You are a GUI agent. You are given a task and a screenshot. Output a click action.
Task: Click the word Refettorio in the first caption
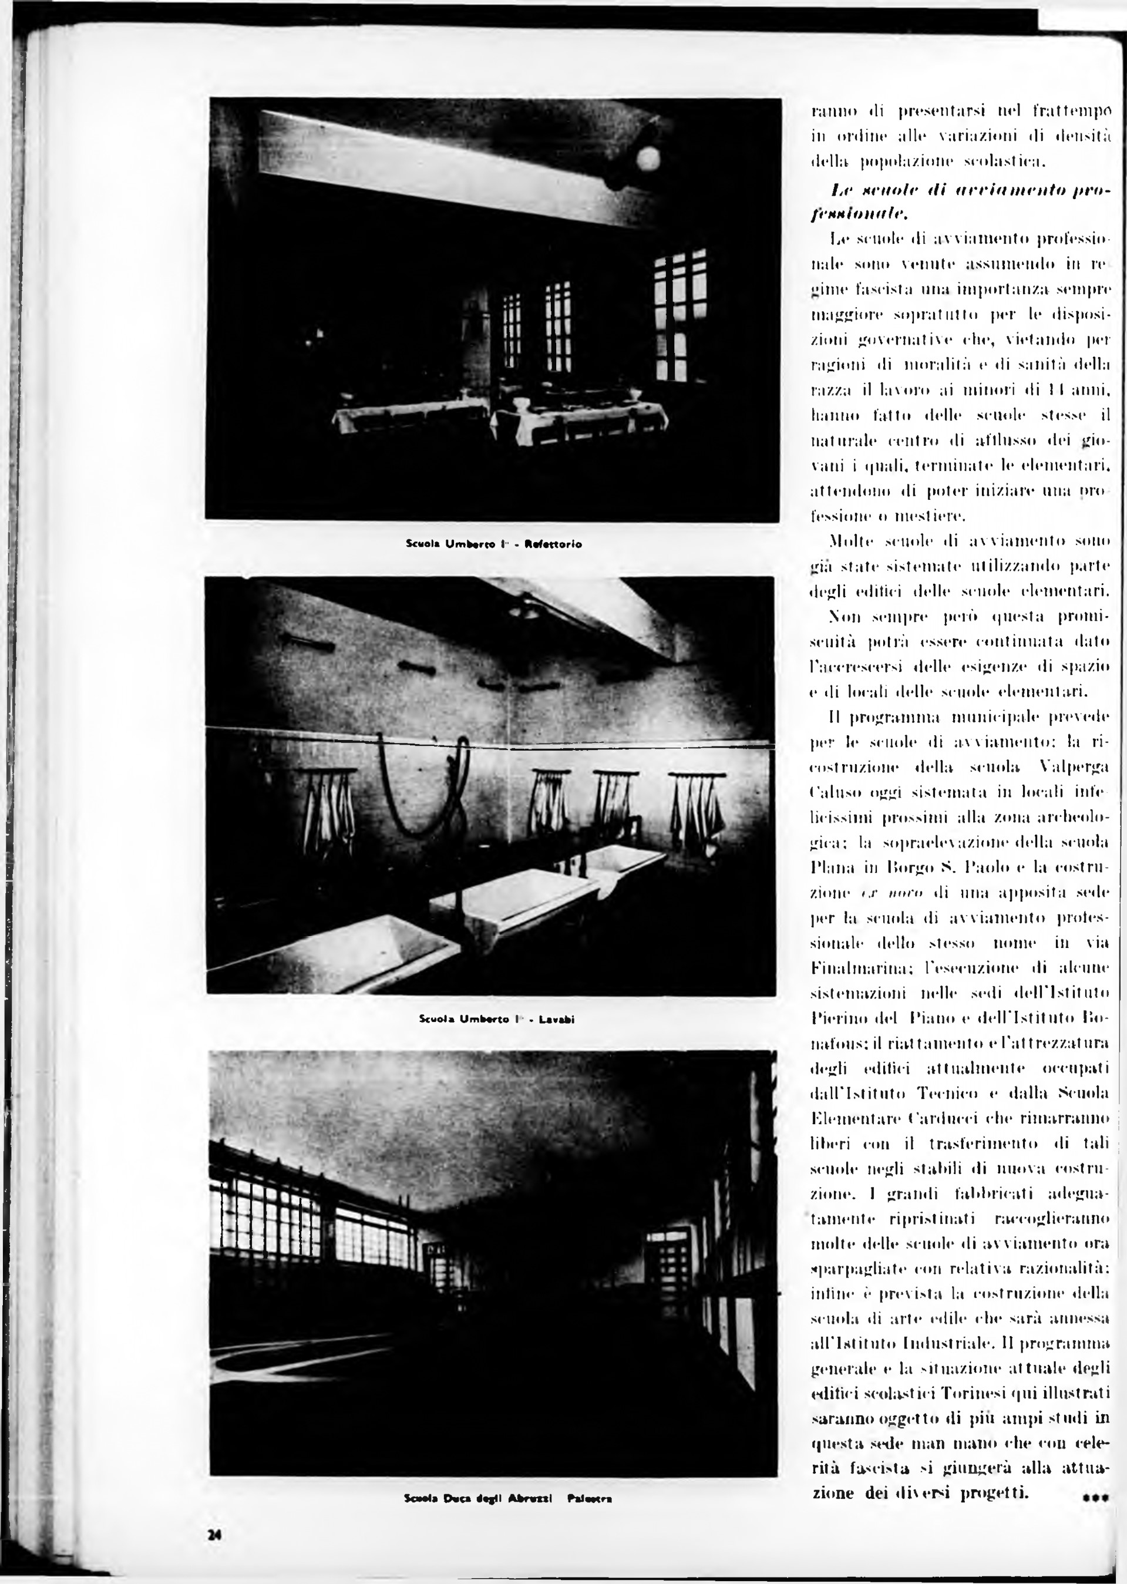point(553,544)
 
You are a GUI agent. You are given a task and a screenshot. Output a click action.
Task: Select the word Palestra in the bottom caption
point(589,1499)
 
